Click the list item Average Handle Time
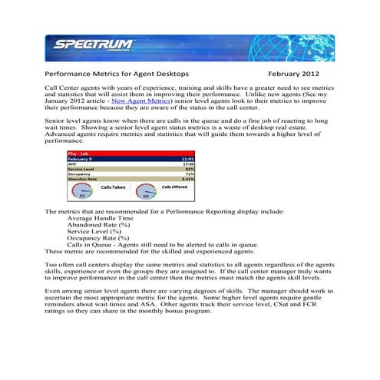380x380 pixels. pos(104,218)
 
